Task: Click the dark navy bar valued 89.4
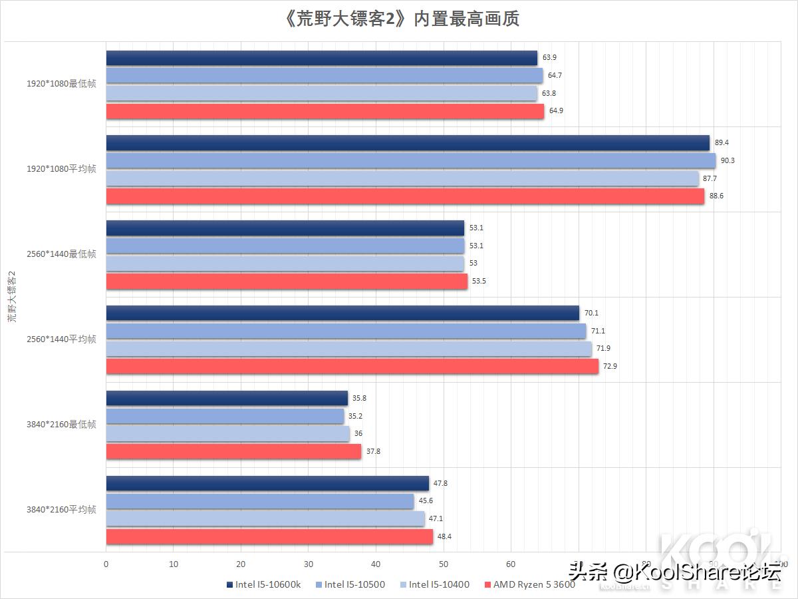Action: pyautogui.click(x=407, y=142)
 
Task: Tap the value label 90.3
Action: pyautogui.click(x=728, y=160)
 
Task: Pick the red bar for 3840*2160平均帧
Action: pyautogui.click(x=269, y=536)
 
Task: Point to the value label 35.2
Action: pyautogui.click(x=356, y=416)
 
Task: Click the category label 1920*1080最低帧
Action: pyautogui.click(x=61, y=84)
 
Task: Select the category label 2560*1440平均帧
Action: pyautogui.click(x=61, y=339)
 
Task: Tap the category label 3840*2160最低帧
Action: pyautogui.click(x=61, y=425)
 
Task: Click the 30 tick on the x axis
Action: pyautogui.click(x=309, y=564)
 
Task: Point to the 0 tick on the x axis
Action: pyautogui.click(x=106, y=564)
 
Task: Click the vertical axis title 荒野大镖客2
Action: pyautogui.click(x=11, y=297)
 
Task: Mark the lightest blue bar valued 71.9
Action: pyautogui.click(x=348, y=349)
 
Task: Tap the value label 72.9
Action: pyautogui.click(x=610, y=366)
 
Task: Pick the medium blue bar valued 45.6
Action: pyautogui.click(x=259, y=501)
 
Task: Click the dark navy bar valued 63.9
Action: pyautogui.click(x=321, y=58)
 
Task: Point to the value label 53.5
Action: pyautogui.click(x=479, y=281)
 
